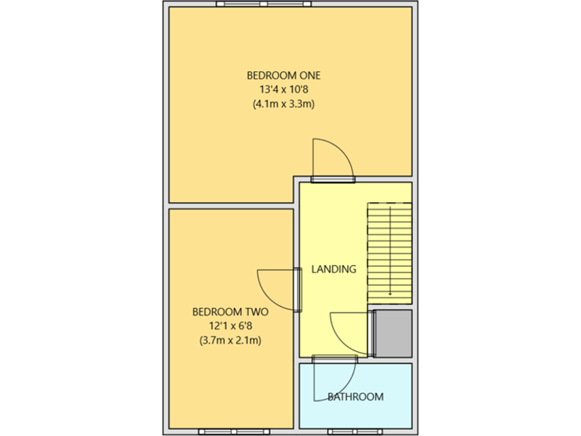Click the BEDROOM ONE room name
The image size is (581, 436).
tap(284, 75)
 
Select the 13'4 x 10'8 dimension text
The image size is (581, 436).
tap(284, 89)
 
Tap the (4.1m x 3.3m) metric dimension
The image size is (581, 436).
tap(284, 104)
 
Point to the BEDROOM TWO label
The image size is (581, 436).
tap(231, 311)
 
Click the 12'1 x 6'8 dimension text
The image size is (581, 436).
tap(231, 325)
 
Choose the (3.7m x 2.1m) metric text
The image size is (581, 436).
tap(231, 341)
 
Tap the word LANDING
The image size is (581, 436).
tap(334, 269)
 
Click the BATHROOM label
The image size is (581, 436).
tap(355, 397)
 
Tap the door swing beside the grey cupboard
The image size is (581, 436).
tap(350, 332)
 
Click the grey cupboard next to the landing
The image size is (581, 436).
tap(393, 333)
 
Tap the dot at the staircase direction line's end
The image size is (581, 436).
tap(390, 294)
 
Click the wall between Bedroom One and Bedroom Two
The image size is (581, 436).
tap(230, 206)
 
